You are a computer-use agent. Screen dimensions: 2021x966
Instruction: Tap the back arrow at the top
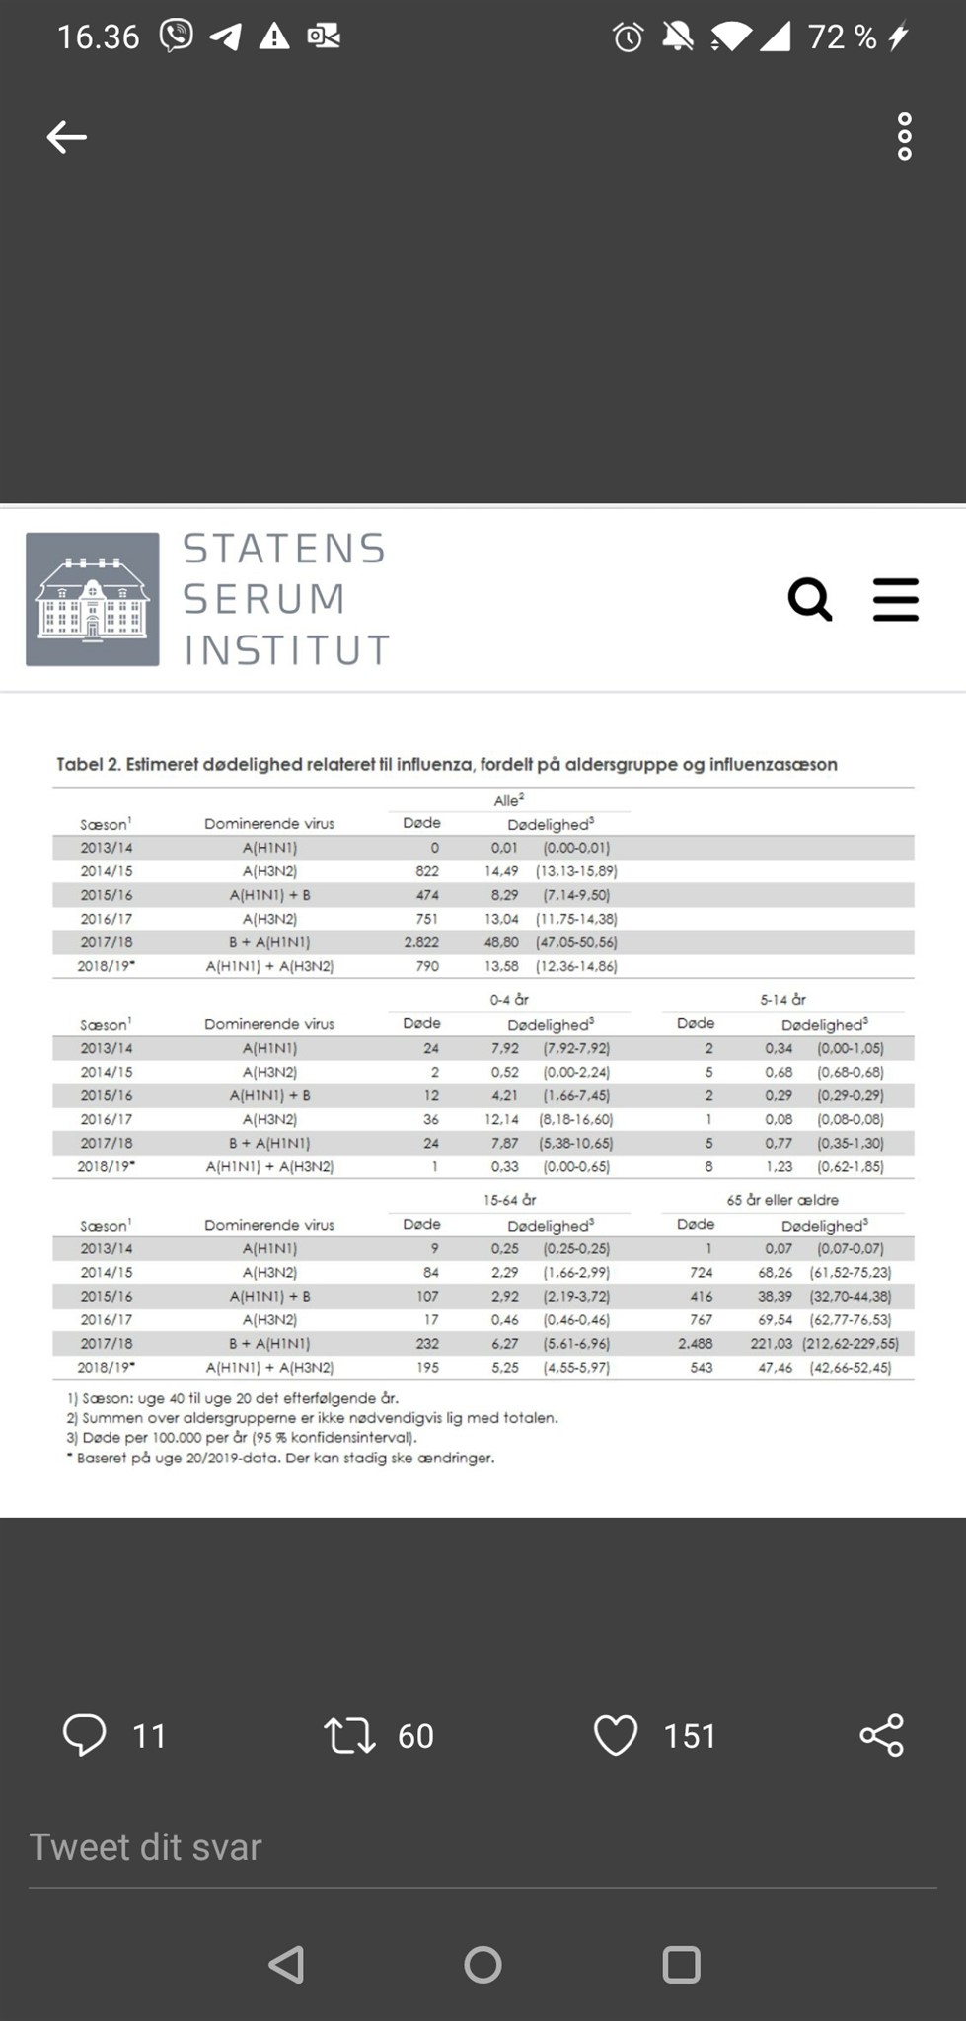(x=67, y=137)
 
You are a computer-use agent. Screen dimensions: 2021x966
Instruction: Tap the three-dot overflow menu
(x=904, y=137)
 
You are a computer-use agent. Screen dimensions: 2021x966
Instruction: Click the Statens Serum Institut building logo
(x=93, y=599)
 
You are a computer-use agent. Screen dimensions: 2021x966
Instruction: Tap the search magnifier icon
(x=810, y=599)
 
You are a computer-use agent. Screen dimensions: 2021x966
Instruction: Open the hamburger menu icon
(x=896, y=599)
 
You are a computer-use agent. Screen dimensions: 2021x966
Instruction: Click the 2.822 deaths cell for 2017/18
(x=421, y=942)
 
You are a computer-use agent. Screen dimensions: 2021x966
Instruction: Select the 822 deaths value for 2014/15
(x=427, y=871)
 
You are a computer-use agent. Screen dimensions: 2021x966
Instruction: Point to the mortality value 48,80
(x=501, y=942)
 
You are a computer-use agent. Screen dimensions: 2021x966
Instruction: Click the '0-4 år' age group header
(x=509, y=999)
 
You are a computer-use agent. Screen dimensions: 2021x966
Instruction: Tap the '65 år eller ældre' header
(x=782, y=1200)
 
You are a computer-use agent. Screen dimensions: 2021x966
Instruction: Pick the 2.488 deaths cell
(x=695, y=1343)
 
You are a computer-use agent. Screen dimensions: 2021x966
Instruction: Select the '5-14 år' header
(x=782, y=999)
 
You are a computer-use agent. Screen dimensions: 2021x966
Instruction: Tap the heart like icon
(x=616, y=1735)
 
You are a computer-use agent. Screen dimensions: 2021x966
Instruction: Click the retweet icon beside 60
(x=349, y=1735)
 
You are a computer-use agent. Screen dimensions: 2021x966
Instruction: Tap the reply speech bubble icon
(x=85, y=1735)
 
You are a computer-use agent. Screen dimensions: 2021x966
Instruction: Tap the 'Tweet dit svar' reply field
(x=146, y=1847)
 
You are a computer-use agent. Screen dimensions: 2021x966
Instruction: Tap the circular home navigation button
(x=483, y=1965)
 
